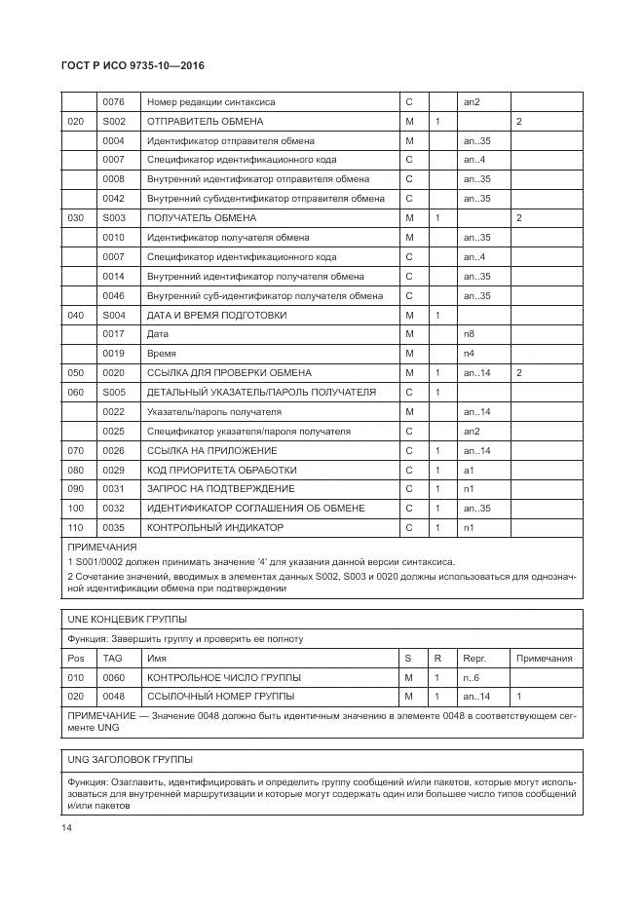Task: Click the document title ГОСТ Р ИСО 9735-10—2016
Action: tap(134, 66)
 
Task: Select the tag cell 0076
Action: tap(113, 102)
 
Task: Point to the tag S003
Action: tap(114, 218)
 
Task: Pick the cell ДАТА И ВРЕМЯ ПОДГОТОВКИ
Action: tap(216, 315)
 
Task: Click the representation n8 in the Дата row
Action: tap(470, 334)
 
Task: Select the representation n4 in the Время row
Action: tap(470, 354)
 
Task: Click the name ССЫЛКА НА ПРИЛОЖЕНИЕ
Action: tap(211, 450)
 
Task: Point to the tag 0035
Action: tap(113, 527)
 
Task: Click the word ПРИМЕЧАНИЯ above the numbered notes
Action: tap(101, 548)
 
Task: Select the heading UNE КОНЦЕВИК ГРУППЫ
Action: tap(127, 620)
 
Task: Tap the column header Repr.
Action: tap(474, 659)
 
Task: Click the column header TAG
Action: tap(113, 659)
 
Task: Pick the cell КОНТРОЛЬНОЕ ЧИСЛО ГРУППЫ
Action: tap(223, 677)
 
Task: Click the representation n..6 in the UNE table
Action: tap(472, 677)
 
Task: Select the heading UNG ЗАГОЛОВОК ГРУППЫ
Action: tap(129, 759)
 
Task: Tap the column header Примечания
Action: tap(544, 659)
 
